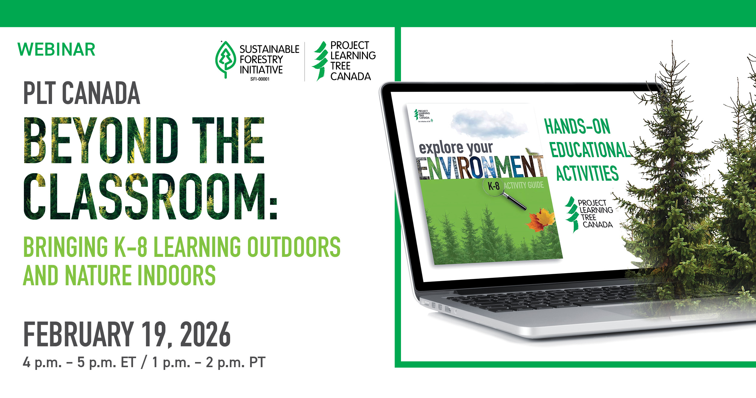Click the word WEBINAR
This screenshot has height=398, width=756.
pos(57,50)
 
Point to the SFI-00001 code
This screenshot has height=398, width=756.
pos(260,79)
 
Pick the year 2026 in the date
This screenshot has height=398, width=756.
pos(205,335)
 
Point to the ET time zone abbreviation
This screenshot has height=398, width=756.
pos(128,362)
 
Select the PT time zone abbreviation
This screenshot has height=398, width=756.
pos(257,362)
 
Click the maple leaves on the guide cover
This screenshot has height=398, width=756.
pos(541,220)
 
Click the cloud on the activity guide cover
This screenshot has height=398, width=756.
pos(488,124)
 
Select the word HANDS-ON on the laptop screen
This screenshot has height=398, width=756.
pos(577,126)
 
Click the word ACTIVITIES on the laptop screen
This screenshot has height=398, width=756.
pos(587,173)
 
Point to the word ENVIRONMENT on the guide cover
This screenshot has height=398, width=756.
pos(481,168)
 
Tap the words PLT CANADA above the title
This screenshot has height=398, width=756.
pos(82,93)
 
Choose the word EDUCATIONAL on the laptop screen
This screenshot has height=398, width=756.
pos(590,150)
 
